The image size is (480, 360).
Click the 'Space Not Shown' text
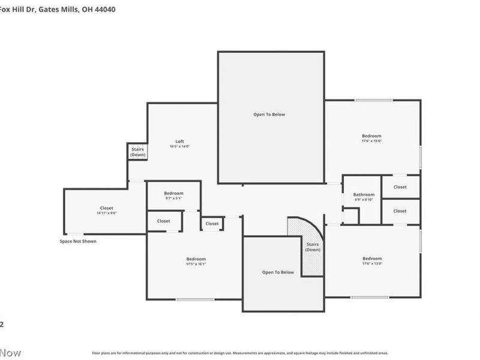(x=77, y=241)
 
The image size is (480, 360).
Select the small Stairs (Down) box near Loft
(x=137, y=152)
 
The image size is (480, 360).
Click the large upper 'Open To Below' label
(x=269, y=114)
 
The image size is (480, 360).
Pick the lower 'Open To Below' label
(x=278, y=272)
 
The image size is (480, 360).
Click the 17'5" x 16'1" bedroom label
(x=196, y=261)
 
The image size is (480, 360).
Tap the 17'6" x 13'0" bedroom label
(x=371, y=261)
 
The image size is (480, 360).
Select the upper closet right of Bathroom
(x=400, y=187)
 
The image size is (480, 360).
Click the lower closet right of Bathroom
(x=400, y=211)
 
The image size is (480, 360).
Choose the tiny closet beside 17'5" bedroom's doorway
(x=212, y=224)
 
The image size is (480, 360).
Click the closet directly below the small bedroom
(x=164, y=221)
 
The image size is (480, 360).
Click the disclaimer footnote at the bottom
(x=240, y=353)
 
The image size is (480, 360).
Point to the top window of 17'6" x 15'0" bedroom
(x=373, y=100)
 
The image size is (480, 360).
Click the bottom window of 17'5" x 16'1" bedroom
(x=195, y=299)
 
